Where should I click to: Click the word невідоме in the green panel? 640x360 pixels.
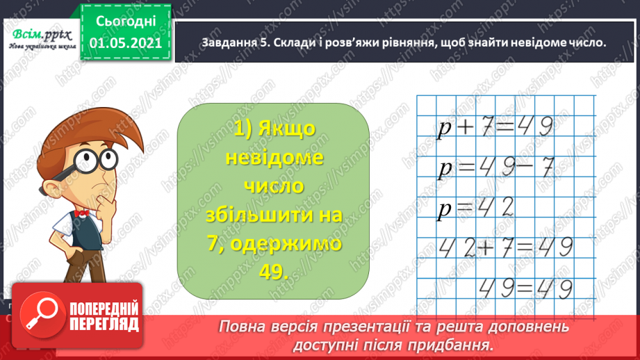point(274,158)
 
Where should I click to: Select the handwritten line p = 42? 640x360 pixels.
point(476,208)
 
